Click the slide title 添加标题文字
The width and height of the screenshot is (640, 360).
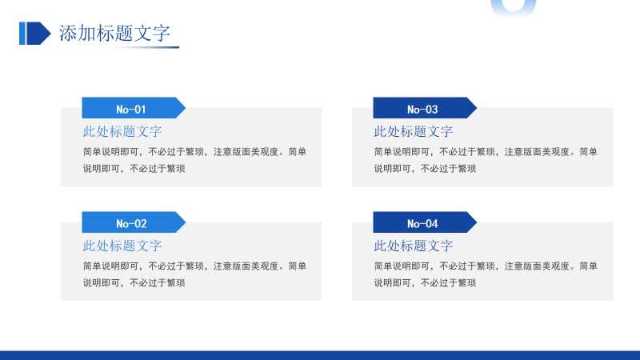pos(114,33)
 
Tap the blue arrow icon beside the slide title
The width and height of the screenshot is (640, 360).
pos(35,34)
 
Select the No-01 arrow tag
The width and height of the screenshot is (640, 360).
pos(134,108)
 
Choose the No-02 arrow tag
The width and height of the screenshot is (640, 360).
pos(134,222)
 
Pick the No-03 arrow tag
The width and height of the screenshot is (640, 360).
pos(425,108)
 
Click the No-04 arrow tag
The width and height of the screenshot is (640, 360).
pos(425,222)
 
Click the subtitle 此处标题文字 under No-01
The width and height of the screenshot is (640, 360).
pos(122,131)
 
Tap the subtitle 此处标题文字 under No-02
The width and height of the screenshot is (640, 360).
pos(122,246)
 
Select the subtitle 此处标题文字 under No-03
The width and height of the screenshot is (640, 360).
pos(414,131)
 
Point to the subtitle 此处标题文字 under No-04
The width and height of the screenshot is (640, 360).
pos(414,246)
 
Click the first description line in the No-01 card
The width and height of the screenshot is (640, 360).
pos(194,152)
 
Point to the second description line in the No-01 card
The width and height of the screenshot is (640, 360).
pos(134,169)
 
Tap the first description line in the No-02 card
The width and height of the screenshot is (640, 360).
pos(194,266)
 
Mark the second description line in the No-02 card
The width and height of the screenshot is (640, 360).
pos(134,283)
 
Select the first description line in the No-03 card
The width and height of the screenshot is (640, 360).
pos(486,152)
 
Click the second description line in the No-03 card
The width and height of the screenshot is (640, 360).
pos(426,169)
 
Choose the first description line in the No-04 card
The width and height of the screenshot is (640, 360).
pos(486,266)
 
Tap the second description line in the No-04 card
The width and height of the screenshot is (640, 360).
pos(426,283)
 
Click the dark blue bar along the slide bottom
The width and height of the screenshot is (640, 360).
pos(320,355)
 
